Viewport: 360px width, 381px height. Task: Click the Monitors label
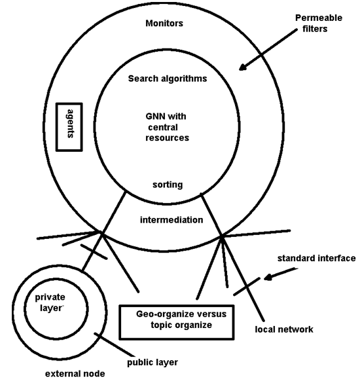coord(164,24)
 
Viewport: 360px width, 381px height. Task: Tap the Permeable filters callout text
coord(319,24)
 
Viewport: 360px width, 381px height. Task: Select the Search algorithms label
coord(168,79)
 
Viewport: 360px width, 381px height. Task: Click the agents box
coord(69,127)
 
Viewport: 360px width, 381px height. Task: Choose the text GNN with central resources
coord(167,127)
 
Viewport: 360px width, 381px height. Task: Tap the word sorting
coord(168,185)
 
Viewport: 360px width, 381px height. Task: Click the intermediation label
coord(171,220)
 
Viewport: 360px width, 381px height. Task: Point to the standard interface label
coord(317,258)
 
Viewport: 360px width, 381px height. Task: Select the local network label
coord(284,329)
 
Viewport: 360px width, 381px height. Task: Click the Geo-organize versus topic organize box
coord(177,322)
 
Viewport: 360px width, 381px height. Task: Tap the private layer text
coord(50,302)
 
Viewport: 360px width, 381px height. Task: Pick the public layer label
coord(153,363)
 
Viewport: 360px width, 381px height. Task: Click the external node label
coord(75,373)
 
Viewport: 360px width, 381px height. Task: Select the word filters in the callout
coord(315,29)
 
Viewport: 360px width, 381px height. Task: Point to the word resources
coord(167,138)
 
